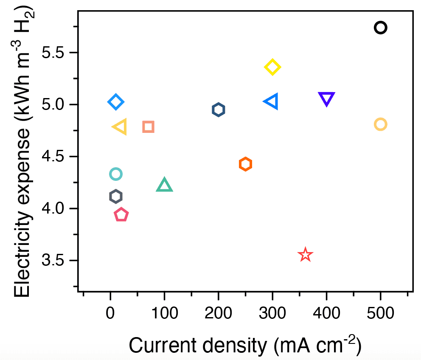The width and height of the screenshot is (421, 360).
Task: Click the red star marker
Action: pyautogui.click(x=305, y=255)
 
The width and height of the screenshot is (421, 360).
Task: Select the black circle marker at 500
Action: pyautogui.click(x=380, y=28)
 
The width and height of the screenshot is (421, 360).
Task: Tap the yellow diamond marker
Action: pyautogui.click(x=272, y=67)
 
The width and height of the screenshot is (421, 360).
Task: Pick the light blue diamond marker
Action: pyautogui.click(x=115, y=102)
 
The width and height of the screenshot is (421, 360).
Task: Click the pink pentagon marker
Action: pyautogui.click(x=121, y=215)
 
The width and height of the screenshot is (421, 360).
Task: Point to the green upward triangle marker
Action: pyautogui.click(x=164, y=186)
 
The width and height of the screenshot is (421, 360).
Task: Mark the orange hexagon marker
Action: pyautogui.click(x=245, y=164)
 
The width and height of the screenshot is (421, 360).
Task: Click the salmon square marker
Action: pyautogui.click(x=148, y=127)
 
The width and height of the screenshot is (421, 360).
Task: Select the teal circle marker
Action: pyautogui.click(x=115, y=174)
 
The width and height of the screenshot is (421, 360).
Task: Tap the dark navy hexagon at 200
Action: pyautogui.click(x=218, y=110)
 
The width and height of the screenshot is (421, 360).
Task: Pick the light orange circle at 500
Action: pyautogui.click(x=380, y=124)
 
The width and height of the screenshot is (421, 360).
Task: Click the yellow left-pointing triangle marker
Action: pyautogui.click(x=120, y=127)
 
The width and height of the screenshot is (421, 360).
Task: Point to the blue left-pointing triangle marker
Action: pyautogui.click(x=271, y=101)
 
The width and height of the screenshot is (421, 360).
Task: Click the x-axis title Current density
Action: pyautogui.click(x=245, y=344)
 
